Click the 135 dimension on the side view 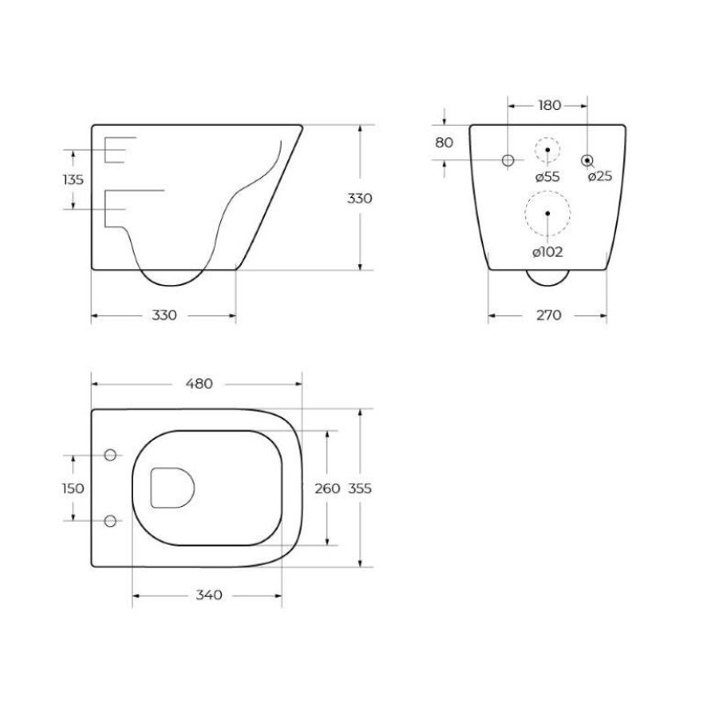74,180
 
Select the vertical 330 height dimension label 359,199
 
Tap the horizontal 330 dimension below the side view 165,315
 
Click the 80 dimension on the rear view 444,143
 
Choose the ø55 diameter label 547,177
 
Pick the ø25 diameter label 599,177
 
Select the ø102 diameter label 547,253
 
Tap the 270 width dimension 547,315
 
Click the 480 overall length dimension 200,384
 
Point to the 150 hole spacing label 74,488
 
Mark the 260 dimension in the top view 327,488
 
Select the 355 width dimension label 361,488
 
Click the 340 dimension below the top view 208,595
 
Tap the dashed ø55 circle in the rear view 547,151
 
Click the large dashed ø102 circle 547,213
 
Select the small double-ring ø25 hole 587,160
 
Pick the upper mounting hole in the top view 111,455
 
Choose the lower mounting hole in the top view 111,520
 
